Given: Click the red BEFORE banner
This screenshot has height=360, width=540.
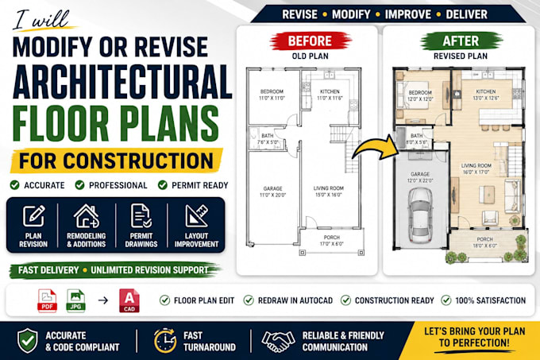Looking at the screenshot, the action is click(310, 41).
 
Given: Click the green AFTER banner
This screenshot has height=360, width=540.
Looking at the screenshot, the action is click(461, 41).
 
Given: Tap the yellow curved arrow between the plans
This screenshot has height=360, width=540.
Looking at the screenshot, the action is click(376, 149).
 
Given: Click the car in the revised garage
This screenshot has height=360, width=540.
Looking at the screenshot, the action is click(420, 215).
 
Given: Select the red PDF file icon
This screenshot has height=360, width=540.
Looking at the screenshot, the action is click(47, 300).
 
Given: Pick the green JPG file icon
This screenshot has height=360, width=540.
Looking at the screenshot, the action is click(75, 300).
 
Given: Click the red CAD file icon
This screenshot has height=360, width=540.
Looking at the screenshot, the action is click(129, 300).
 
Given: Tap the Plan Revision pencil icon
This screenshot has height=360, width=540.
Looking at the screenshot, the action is click(33, 216).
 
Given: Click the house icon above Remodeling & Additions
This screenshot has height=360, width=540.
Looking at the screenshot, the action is click(87, 216).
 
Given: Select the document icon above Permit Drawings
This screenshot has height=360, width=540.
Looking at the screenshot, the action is click(141, 216).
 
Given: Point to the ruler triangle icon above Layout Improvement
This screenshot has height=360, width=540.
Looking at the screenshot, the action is click(196, 216).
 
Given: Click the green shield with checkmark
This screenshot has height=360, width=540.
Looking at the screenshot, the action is click(28, 341).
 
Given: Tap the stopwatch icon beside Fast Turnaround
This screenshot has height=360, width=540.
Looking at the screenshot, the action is click(165, 341).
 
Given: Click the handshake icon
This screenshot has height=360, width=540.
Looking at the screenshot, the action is click(278, 341).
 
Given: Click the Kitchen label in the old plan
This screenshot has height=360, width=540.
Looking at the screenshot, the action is click(330, 91).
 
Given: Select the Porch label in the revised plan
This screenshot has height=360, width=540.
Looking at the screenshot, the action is click(485, 239).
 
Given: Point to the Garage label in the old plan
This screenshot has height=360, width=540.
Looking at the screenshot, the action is click(272, 188).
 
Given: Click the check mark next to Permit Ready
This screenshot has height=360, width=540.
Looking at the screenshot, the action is click(163, 185).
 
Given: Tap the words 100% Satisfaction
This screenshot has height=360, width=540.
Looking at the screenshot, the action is click(491, 300).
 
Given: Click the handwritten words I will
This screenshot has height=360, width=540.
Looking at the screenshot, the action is click(40, 20).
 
